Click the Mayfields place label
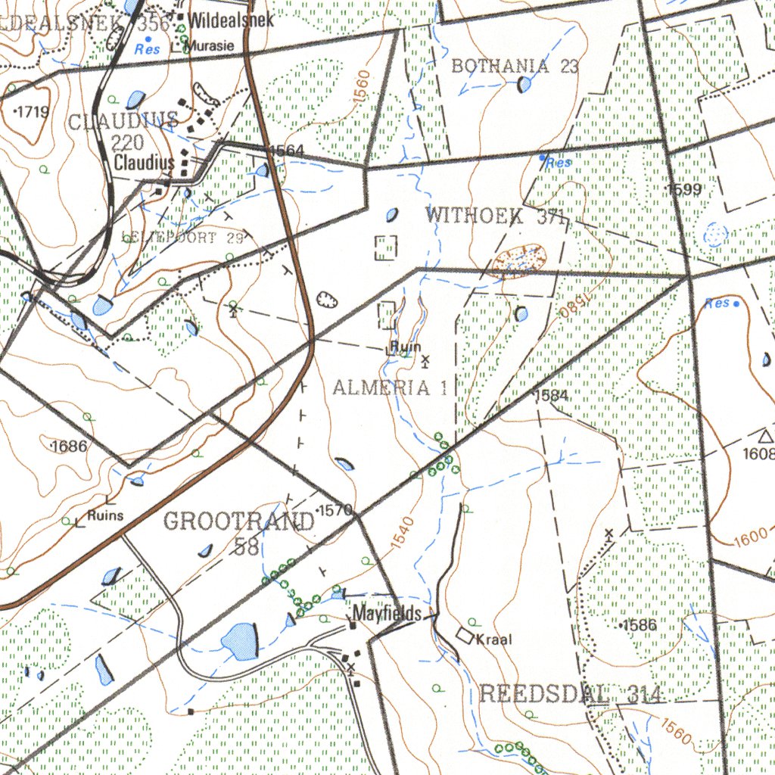[386, 613]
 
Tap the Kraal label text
[493, 640]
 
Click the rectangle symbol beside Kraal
[465, 635]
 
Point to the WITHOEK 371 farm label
[496, 216]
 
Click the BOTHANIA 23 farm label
[515, 66]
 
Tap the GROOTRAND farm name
[238, 521]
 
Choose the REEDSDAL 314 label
[571, 693]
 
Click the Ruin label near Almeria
[406, 347]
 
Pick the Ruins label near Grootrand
[104, 515]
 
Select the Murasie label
[210, 45]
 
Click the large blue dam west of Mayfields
[239, 641]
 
